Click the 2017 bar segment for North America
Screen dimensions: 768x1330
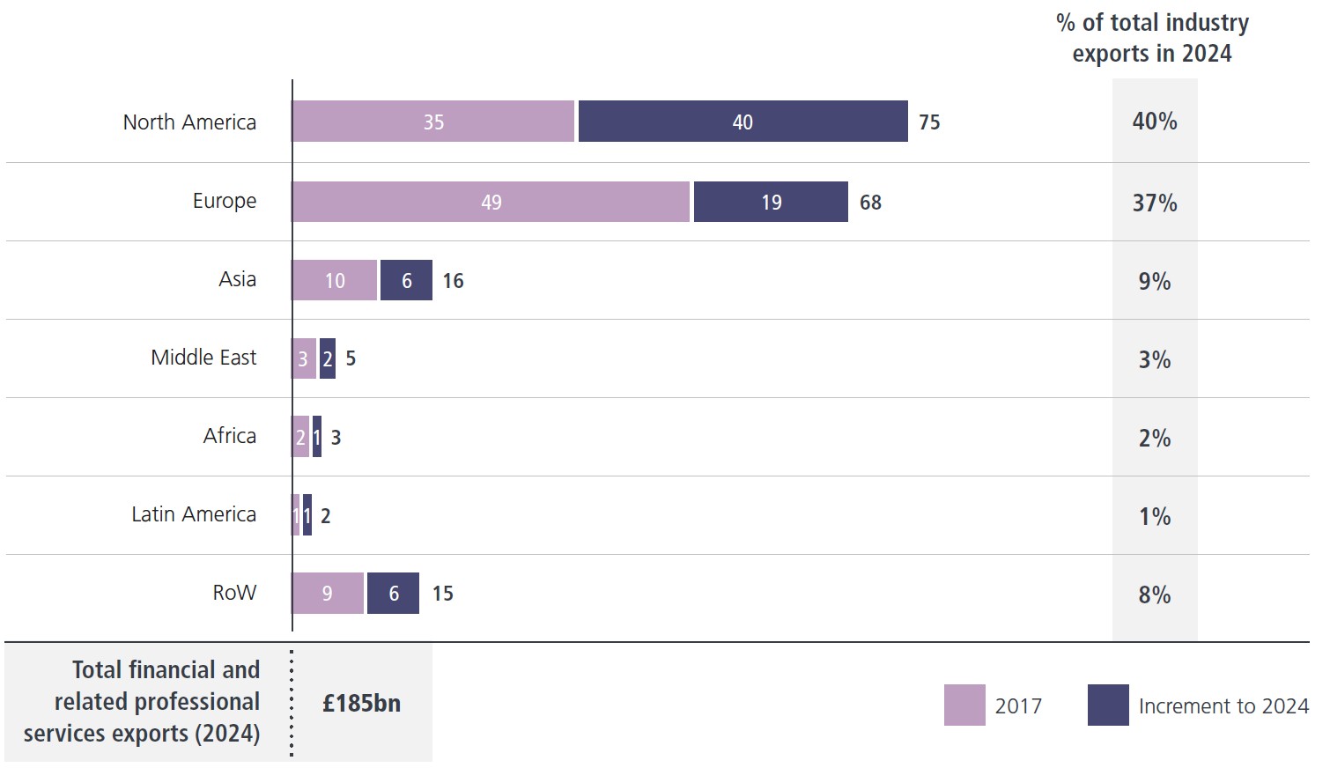click(432, 122)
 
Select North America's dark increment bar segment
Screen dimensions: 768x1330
click(743, 122)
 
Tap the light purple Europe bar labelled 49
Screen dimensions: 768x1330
click(491, 202)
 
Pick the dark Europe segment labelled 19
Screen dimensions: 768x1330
click(771, 202)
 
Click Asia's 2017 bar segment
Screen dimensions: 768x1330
click(334, 280)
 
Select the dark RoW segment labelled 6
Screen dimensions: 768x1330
click(393, 593)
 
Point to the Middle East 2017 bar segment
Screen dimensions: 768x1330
click(303, 358)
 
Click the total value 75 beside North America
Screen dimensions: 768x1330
click(929, 122)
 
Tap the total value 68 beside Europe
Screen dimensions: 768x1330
click(870, 203)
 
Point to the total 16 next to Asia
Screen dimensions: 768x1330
click(453, 281)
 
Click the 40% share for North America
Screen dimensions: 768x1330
click(1154, 122)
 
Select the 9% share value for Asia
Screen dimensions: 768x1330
click(1154, 282)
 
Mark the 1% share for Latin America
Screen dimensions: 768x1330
click(1154, 516)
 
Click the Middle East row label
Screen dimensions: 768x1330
click(203, 358)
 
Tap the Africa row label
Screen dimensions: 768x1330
click(229, 436)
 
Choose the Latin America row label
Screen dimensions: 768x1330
click(194, 514)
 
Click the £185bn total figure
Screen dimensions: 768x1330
click(361, 703)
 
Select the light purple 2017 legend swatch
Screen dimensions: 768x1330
click(964, 705)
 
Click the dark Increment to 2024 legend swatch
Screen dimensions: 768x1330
click(1108, 705)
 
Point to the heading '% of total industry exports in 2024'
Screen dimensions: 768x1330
click(1152, 38)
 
